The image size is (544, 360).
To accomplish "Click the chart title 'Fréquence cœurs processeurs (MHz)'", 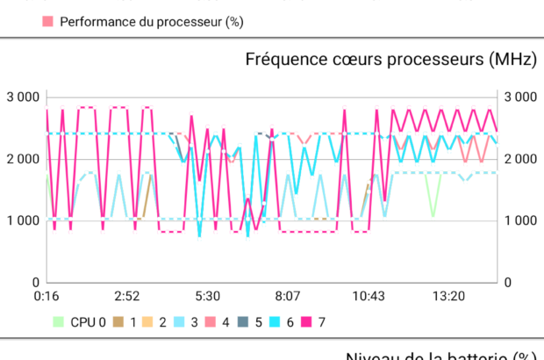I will click(390, 60).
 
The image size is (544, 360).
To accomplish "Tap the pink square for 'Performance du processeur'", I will click(47, 20).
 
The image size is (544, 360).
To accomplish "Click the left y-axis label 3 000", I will click(24, 97).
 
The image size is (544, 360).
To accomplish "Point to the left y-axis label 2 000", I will click(24, 159).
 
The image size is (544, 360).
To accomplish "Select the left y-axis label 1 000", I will click(24, 220).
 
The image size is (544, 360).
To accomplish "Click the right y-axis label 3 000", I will click(520, 97).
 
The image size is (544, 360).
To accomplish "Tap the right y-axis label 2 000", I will click(520, 159).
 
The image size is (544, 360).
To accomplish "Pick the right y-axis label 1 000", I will click(520, 220).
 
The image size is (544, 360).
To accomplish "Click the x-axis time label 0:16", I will click(47, 297).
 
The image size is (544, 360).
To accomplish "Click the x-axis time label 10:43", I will click(368, 297).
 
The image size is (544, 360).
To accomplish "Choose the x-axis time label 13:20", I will click(448, 297).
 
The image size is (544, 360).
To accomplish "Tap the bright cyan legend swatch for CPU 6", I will click(277, 321).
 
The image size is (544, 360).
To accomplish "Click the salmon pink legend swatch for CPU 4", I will click(214, 321).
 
